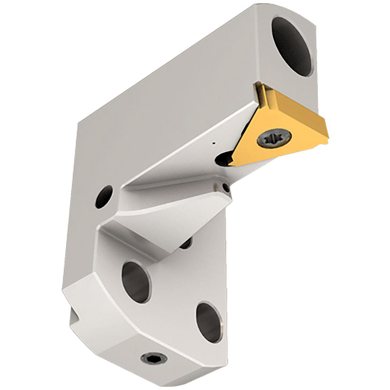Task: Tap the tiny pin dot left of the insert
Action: click(213, 144)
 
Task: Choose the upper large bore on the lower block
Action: click(136, 281)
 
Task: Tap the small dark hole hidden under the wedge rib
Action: click(186, 245)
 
